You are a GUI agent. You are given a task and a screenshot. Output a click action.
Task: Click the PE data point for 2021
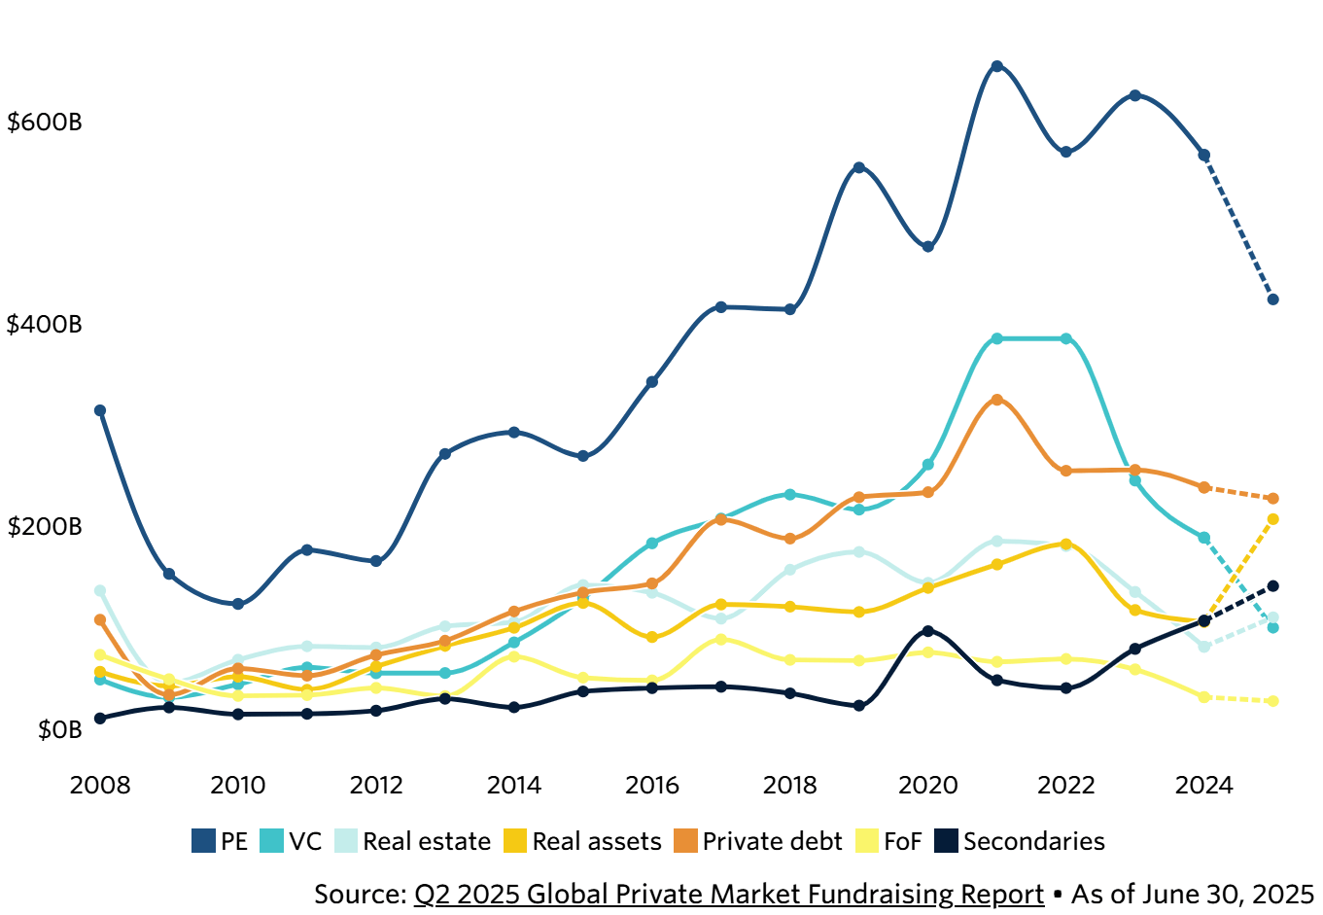point(996,66)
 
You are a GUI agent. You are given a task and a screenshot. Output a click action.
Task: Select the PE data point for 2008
point(99,410)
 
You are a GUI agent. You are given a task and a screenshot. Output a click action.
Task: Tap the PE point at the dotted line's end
point(1272,299)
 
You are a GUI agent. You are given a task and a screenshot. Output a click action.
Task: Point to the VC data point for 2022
point(1066,338)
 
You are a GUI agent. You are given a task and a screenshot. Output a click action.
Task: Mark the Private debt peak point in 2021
point(996,400)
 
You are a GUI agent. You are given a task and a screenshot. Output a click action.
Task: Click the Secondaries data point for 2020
point(927,631)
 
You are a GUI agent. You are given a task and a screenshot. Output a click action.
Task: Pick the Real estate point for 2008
point(99,590)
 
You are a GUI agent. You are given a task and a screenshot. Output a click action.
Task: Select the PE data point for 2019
point(858,167)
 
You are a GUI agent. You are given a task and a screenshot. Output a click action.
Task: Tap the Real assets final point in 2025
point(1272,519)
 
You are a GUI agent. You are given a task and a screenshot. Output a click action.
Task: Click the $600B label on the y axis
point(45,123)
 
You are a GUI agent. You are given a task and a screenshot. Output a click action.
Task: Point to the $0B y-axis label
point(60,729)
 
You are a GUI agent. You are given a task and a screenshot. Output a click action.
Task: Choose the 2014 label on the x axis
point(513,785)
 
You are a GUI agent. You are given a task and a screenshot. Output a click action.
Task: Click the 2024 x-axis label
point(1203,785)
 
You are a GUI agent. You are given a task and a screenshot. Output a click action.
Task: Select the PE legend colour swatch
point(203,841)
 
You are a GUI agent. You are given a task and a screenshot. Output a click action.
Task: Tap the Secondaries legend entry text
point(1033,841)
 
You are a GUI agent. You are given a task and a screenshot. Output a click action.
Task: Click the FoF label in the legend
point(902,841)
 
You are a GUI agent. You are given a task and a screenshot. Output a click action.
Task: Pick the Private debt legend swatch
point(686,841)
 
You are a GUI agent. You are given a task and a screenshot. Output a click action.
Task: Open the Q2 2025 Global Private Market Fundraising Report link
point(729,894)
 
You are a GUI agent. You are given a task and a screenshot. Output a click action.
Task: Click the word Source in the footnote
point(360,894)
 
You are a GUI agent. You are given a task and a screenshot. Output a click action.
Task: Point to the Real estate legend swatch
point(346,841)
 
